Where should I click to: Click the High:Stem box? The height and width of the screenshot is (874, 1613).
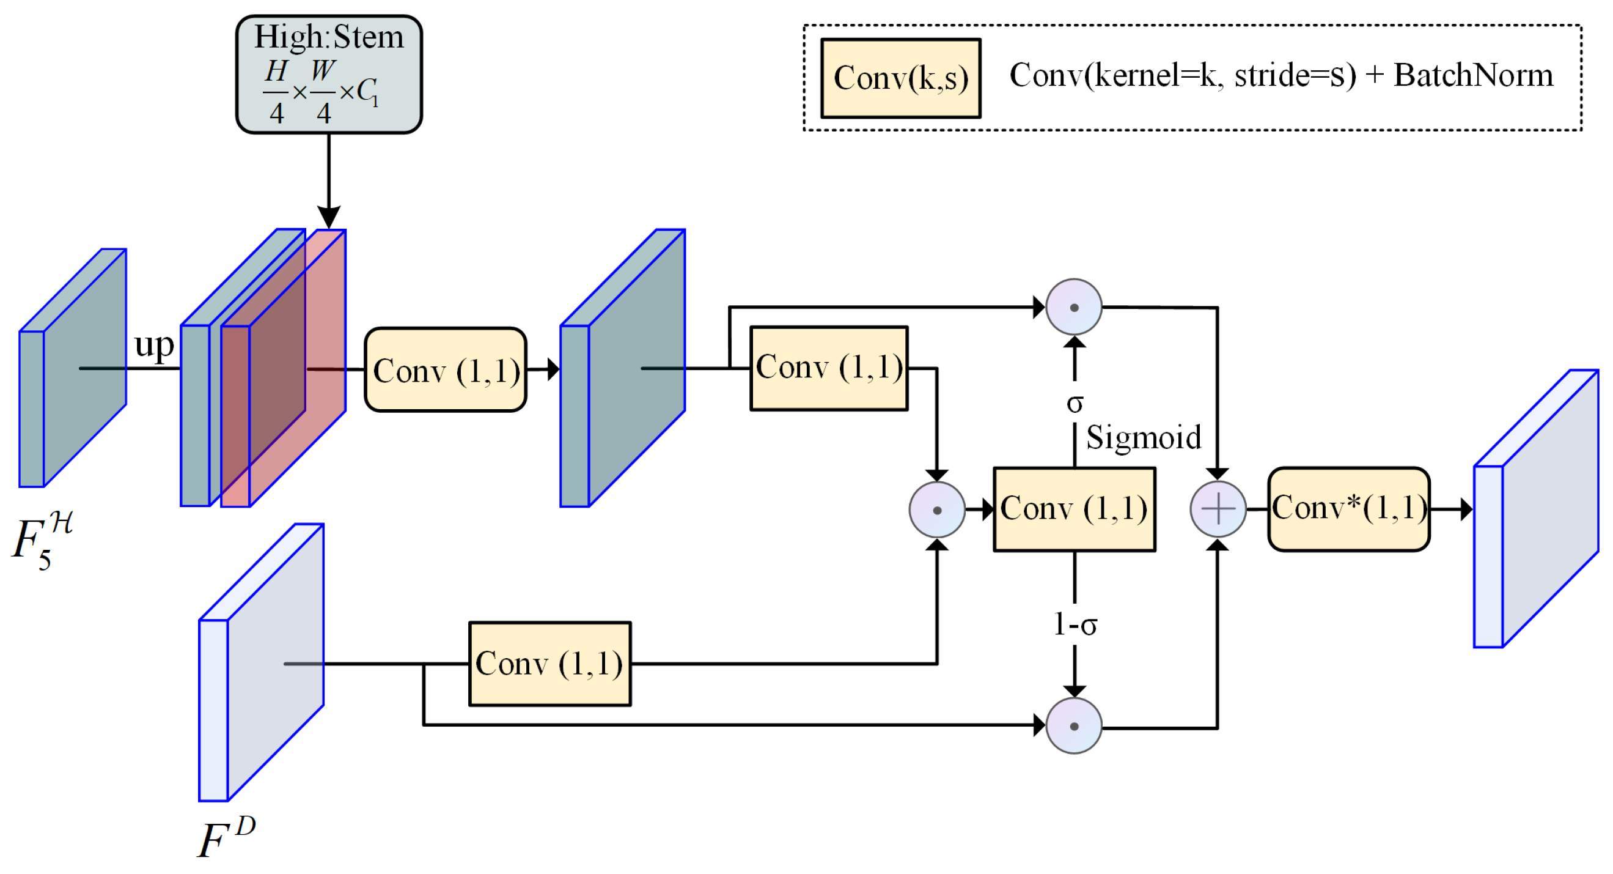tap(329, 75)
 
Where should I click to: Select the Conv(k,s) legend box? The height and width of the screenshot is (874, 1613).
tap(900, 78)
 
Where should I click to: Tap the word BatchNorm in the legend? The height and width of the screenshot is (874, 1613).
tap(1474, 75)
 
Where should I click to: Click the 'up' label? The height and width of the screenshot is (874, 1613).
tap(154, 345)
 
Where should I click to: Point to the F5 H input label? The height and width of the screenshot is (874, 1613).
tap(43, 539)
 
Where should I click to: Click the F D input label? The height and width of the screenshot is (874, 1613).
tap(226, 837)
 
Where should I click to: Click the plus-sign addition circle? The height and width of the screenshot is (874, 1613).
tap(1218, 509)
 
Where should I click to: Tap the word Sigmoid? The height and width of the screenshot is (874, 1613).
tap(1144, 437)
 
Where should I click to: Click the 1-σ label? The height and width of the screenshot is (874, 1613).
tap(1075, 624)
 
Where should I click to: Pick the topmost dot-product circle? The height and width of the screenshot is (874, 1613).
tap(1074, 307)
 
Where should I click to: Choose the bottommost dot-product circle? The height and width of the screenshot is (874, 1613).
tap(1074, 725)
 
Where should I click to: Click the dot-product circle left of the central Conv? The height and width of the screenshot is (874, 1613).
tap(937, 509)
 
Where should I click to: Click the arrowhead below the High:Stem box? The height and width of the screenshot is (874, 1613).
tap(329, 217)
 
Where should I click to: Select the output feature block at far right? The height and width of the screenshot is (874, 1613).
tap(1536, 509)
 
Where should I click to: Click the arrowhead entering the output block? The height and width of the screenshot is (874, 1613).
tap(1466, 509)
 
